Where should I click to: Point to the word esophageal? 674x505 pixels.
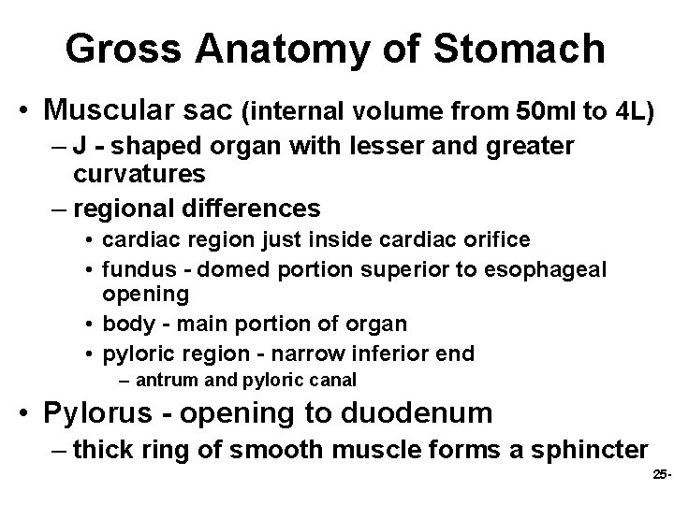pos(545,269)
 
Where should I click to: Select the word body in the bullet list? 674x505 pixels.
pos(124,324)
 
